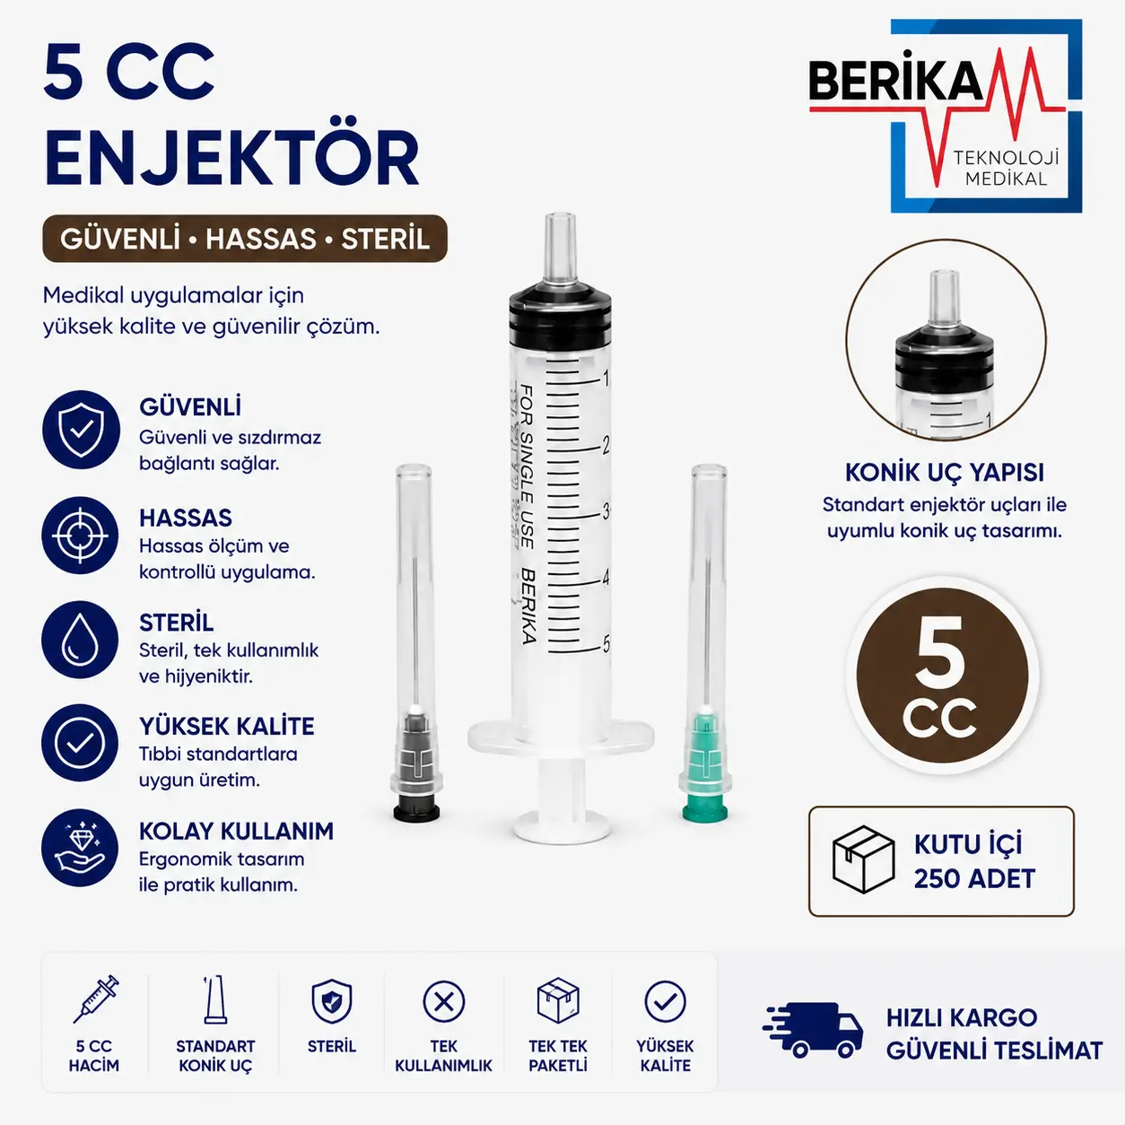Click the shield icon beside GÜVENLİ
pyautogui.click(x=81, y=430)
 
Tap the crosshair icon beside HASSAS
pyautogui.click(x=80, y=536)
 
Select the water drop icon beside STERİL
pyautogui.click(x=80, y=640)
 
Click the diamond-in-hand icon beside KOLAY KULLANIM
pyautogui.click(x=80, y=848)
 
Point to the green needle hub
pyautogui.click(x=705, y=764)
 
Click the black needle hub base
pyautogui.click(x=416, y=812)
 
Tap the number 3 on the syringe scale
pyautogui.click(x=606, y=511)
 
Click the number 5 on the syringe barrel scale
pyautogui.click(x=606, y=644)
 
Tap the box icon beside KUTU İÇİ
pyautogui.click(x=863, y=859)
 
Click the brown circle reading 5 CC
pyautogui.click(x=942, y=676)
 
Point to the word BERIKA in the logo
pyautogui.click(x=895, y=83)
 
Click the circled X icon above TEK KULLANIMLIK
pyautogui.click(x=444, y=1002)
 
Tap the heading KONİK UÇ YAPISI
pyautogui.click(x=944, y=472)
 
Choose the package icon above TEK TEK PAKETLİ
pyautogui.click(x=557, y=1000)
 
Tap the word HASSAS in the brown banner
pyautogui.click(x=260, y=240)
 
